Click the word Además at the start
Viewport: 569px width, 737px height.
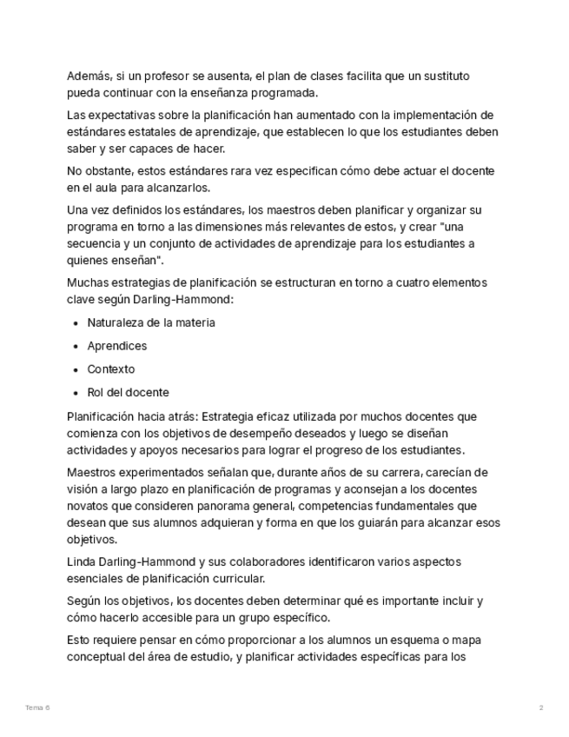89,76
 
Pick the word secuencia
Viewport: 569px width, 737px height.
93,243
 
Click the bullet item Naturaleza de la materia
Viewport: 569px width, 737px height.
151,322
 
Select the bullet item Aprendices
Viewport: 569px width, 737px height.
117,346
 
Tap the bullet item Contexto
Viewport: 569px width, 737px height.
111,369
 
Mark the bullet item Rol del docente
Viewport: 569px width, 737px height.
128,392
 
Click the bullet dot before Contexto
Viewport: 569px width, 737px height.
76,369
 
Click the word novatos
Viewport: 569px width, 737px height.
89,506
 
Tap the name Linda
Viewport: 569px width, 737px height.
84,561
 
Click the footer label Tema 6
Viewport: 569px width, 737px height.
37,708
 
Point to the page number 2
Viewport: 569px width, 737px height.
541,708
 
